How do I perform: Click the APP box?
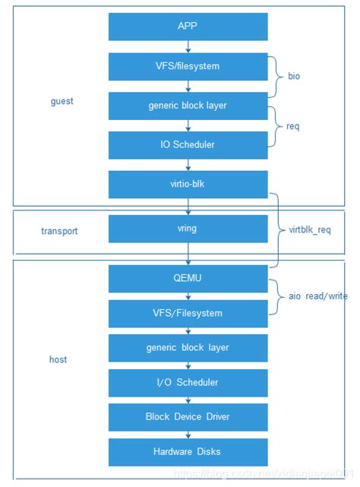[188, 25]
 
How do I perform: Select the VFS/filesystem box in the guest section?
[188, 66]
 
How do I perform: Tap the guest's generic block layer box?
[188, 106]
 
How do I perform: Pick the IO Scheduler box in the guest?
[188, 145]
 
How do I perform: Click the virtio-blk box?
[188, 184]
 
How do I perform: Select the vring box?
[188, 228]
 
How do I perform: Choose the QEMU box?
[188, 278]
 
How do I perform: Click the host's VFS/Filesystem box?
[188, 313]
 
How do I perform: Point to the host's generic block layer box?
[188, 347]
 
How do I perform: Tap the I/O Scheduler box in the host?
[188, 382]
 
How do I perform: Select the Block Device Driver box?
[188, 417]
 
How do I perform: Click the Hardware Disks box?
[188, 452]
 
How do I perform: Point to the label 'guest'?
[62, 102]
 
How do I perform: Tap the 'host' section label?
[58, 359]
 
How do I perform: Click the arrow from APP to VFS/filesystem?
[188, 46]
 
